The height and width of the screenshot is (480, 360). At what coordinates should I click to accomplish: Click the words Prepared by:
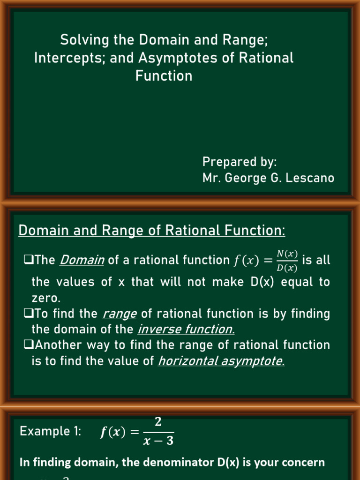pos(240,162)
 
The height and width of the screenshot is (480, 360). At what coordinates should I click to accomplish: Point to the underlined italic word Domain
pos(82,260)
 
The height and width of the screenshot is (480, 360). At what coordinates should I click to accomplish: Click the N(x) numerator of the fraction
pos(287,254)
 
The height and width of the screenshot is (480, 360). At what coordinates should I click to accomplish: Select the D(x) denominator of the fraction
pos(287,268)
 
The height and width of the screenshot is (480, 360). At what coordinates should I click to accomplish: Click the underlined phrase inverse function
pos(186,330)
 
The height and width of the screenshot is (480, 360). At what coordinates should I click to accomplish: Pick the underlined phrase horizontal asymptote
pos(221,361)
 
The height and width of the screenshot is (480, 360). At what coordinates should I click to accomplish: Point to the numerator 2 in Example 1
pos(158,422)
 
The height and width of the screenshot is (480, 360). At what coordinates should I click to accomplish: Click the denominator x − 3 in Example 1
pos(158,441)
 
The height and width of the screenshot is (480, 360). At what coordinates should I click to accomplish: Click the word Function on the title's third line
pos(164,76)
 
